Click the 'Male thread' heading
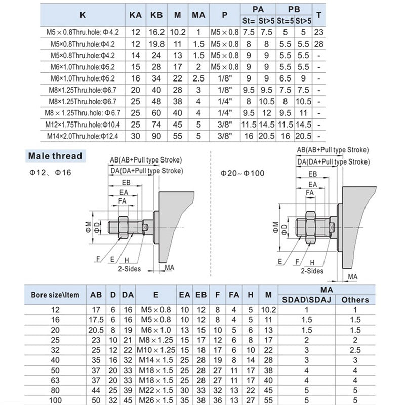point(55,156)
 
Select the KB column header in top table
point(156,15)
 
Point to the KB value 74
point(156,124)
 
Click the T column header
point(318,15)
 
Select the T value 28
point(318,44)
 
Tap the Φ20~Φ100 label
point(242,173)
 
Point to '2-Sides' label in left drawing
point(129,269)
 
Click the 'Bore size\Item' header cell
point(55,294)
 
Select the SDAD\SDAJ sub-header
point(306,300)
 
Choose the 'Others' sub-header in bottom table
point(355,300)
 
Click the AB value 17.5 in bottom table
point(95,320)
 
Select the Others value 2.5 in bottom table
point(355,350)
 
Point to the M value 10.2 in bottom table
point(268,310)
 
